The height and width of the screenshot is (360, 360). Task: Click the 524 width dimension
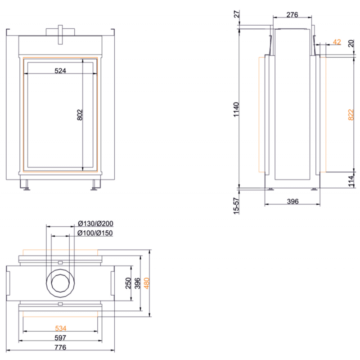pos(60,71)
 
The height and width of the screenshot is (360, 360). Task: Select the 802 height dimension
pos(80,115)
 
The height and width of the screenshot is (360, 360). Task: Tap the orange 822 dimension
pos(351,115)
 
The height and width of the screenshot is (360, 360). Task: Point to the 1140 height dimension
pos(236,109)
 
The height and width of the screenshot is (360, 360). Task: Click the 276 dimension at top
pos(292,15)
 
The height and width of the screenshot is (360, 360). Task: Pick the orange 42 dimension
pos(337,42)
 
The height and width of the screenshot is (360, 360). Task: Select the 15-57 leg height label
pos(236,206)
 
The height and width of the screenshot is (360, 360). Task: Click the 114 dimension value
pos(351,181)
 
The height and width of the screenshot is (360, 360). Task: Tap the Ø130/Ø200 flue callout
pos(95,223)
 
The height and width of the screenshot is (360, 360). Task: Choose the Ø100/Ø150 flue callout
pos(95,233)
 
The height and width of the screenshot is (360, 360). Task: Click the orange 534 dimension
pos(61,328)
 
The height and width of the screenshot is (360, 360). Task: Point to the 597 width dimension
pos(60,338)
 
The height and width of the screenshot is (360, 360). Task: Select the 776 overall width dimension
pos(60,347)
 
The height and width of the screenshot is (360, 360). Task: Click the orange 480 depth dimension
pos(147,283)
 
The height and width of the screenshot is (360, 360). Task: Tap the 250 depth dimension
pos(128,283)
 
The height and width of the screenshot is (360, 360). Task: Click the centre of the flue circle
pos(60,283)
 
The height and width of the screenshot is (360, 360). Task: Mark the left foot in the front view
pos(26,185)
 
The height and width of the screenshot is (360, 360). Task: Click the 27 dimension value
pos(237,14)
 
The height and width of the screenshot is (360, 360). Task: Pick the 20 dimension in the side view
pos(351,43)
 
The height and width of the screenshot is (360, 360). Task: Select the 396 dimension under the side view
pos(293,201)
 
